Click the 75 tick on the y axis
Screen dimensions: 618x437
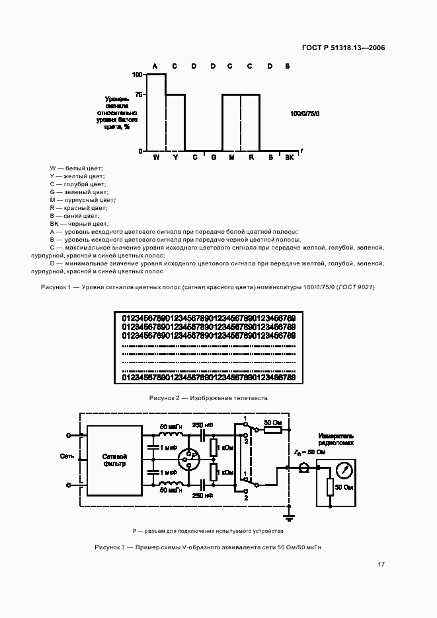point(139,94)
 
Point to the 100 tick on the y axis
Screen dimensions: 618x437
point(138,75)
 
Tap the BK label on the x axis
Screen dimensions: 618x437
point(289,157)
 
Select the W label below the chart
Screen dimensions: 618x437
point(156,157)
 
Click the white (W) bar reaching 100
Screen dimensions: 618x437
point(156,112)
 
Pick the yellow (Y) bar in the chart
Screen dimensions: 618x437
point(175,123)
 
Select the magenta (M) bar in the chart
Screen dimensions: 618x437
point(231,123)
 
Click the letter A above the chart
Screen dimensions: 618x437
point(155,66)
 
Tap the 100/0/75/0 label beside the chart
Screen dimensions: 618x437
point(304,114)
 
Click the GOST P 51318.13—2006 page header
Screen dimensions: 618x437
point(343,48)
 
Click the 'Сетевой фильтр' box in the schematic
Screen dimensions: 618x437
point(114,460)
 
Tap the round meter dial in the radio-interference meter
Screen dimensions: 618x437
point(343,471)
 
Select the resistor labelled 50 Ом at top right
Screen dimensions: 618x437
point(273,430)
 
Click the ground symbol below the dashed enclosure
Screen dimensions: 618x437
point(288,516)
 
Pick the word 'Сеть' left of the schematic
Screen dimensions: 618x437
point(66,456)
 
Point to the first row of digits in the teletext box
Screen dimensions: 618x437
point(208,318)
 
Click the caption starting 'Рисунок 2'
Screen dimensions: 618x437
point(208,398)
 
